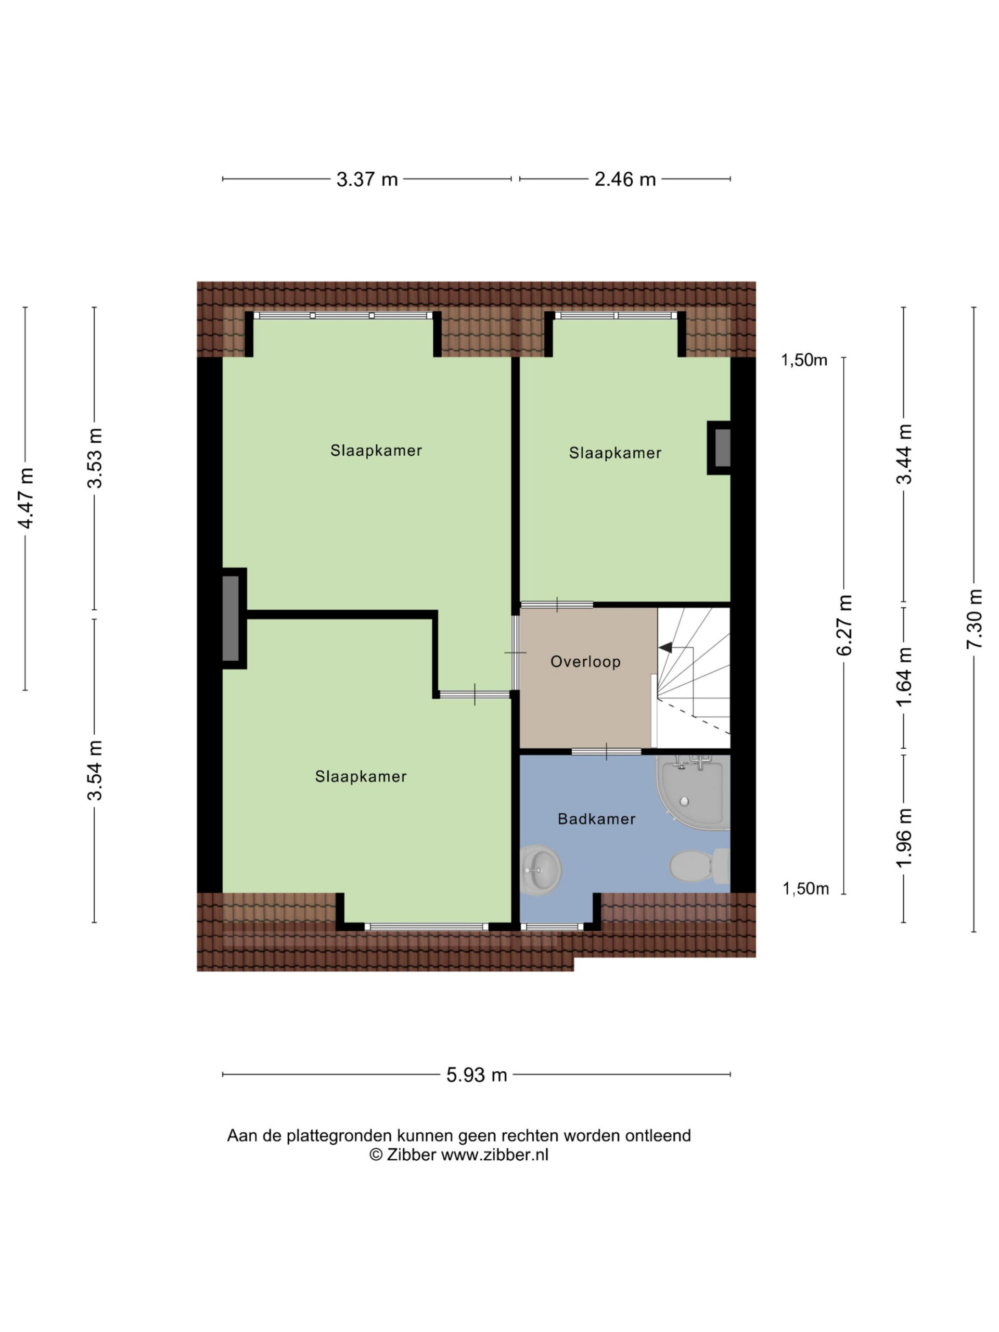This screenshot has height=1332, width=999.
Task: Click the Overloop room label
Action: click(x=585, y=662)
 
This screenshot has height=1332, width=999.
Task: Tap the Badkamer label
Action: click(x=597, y=819)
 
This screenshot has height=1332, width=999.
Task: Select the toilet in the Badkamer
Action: click(x=700, y=866)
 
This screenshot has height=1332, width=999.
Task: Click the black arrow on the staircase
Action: click(x=665, y=647)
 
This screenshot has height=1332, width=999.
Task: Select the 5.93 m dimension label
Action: click(x=476, y=1075)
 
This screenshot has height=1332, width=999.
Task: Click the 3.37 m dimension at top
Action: click(x=367, y=180)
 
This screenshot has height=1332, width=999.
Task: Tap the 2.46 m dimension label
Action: click(x=625, y=180)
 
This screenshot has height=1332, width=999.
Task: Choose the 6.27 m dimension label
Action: click(x=845, y=625)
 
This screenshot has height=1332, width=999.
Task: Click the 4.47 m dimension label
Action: click(x=26, y=498)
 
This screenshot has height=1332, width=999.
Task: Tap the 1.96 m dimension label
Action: click(x=904, y=837)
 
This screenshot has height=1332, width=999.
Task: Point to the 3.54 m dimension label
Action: click(x=95, y=770)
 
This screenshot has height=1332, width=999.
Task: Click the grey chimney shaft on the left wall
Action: click(x=230, y=619)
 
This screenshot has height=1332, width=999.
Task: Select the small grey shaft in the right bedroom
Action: click(x=723, y=448)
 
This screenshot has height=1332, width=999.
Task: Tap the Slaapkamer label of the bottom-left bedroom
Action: click(x=361, y=777)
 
